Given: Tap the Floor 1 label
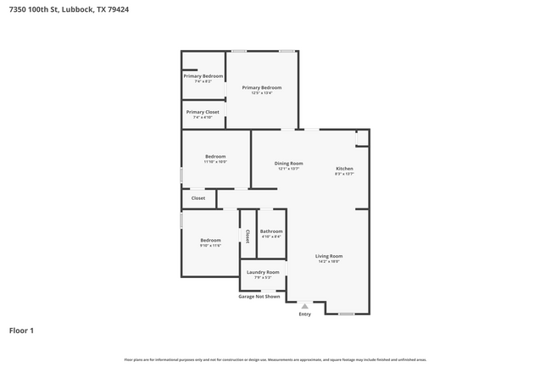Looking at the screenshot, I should (21, 330).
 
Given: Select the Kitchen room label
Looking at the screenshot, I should (344, 169).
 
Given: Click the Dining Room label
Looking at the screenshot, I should (288, 164).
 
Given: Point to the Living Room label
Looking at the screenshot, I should (329, 256).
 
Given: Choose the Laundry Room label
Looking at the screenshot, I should (263, 272).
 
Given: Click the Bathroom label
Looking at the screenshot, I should (271, 231).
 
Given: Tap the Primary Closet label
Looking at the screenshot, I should (203, 112).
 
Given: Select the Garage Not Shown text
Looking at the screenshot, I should (259, 297).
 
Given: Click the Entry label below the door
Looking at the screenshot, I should (305, 314).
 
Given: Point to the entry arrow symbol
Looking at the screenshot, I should (305, 306).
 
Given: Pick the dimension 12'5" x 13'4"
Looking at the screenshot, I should (261, 93).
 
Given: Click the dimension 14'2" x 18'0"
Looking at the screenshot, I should (329, 262).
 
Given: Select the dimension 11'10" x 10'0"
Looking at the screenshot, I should (215, 162).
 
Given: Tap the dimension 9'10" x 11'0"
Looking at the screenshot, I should (210, 246).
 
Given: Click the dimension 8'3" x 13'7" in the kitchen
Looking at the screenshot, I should (344, 175).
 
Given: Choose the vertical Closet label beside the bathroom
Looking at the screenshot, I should (248, 236).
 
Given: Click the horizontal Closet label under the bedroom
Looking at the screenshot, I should (198, 198).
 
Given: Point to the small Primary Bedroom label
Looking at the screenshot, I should (203, 76).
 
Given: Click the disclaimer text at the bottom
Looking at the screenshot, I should (275, 359).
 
